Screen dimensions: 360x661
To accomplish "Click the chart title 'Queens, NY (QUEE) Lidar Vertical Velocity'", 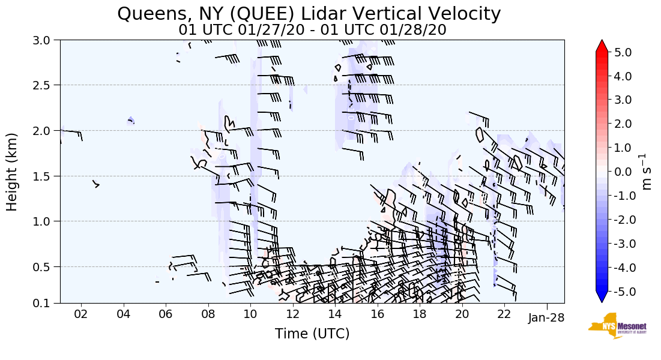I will tap(309, 13).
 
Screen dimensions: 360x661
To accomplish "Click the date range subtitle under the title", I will tap(312, 30).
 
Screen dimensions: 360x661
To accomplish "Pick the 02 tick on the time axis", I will tap(81, 314).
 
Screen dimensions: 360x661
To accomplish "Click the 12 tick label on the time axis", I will tap(292, 314).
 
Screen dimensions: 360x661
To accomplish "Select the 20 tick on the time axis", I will tap(462, 314).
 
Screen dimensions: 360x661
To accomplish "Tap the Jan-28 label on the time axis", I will tap(547, 318).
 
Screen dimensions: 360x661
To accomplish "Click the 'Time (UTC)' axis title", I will tap(312, 334).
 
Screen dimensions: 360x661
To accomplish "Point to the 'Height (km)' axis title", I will tap(13, 172).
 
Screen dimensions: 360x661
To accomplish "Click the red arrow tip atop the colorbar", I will tap(602, 46).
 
